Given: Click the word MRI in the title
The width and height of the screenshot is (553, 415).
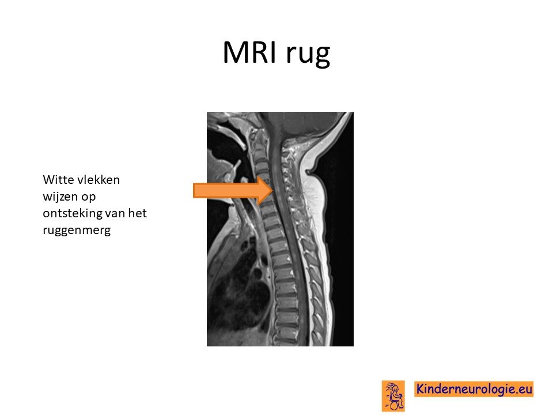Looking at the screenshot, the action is tap(250, 52).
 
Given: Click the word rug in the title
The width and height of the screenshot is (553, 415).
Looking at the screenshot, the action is tap(308, 55).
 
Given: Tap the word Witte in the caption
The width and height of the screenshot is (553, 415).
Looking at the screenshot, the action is tap(59, 180).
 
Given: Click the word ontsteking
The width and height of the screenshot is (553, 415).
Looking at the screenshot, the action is tap(71, 213).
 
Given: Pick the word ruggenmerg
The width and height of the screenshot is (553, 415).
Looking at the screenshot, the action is tap(77, 231).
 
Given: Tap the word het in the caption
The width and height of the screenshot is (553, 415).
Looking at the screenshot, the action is tap(137, 213).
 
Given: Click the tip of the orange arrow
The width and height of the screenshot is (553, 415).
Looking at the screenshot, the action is tap(272, 191).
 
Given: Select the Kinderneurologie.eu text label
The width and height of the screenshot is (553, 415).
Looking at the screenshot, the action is tap(474, 389).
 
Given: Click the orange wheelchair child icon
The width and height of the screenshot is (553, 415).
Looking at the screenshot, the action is tap(393, 396).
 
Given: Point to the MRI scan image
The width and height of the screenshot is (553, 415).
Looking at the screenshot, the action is tap(280, 229).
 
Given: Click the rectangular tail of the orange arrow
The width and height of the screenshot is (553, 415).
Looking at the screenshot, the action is tap(226, 191).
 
